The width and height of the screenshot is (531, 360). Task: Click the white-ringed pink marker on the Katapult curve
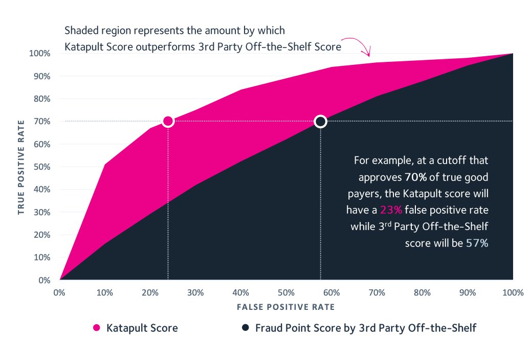(x=168, y=121)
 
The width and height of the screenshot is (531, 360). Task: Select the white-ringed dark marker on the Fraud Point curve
(x=320, y=121)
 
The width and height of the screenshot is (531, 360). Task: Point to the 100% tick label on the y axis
(x=39, y=54)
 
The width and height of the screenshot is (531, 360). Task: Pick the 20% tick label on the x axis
(x=150, y=293)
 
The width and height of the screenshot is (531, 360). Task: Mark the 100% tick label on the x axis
(x=513, y=293)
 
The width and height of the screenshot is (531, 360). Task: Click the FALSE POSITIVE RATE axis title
(x=285, y=307)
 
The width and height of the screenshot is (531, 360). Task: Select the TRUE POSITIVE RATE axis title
(x=21, y=167)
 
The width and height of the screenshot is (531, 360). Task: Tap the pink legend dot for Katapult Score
(x=96, y=328)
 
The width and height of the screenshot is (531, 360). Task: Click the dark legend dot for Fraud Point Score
(x=246, y=328)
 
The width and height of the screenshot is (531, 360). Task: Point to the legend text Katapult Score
(x=142, y=328)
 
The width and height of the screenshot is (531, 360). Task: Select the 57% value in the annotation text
(x=477, y=243)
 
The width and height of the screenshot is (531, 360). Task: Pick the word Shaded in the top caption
(x=81, y=30)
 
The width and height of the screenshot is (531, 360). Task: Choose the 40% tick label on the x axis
(x=241, y=293)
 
